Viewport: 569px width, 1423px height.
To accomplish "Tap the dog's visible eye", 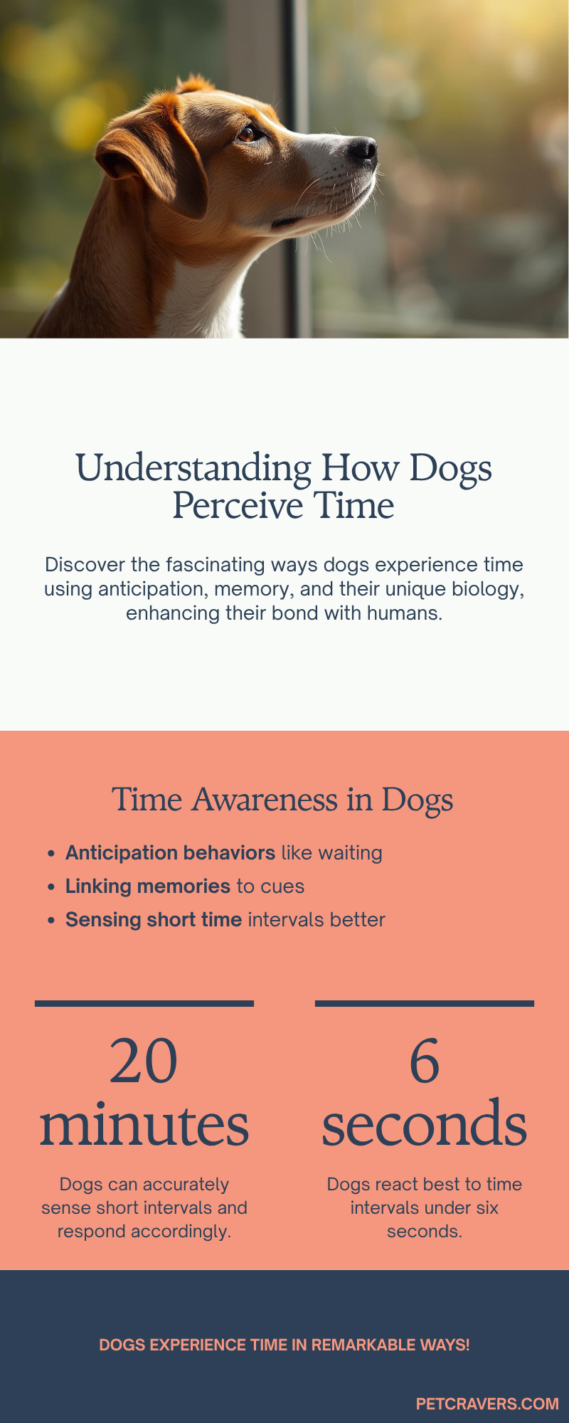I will click(x=247, y=132).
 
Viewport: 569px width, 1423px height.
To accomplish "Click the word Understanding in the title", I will click(x=193, y=469).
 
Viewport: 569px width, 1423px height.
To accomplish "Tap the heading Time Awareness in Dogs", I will click(x=282, y=799).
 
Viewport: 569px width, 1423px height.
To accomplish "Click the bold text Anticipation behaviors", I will click(x=170, y=852).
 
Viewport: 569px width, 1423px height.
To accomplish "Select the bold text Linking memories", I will click(x=148, y=886).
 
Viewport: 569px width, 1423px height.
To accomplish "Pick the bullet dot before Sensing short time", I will click(x=50, y=920).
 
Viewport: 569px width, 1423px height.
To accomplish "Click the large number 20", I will click(x=144, y=1062).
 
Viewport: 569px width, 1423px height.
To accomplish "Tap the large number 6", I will click(x=425, y=1062).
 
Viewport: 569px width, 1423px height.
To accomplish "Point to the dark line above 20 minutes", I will click(x=144, y=1003).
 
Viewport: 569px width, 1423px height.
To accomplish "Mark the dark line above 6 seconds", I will click(x=425, y=1003).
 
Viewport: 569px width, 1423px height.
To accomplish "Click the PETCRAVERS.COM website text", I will click(x=487, y=1404).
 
